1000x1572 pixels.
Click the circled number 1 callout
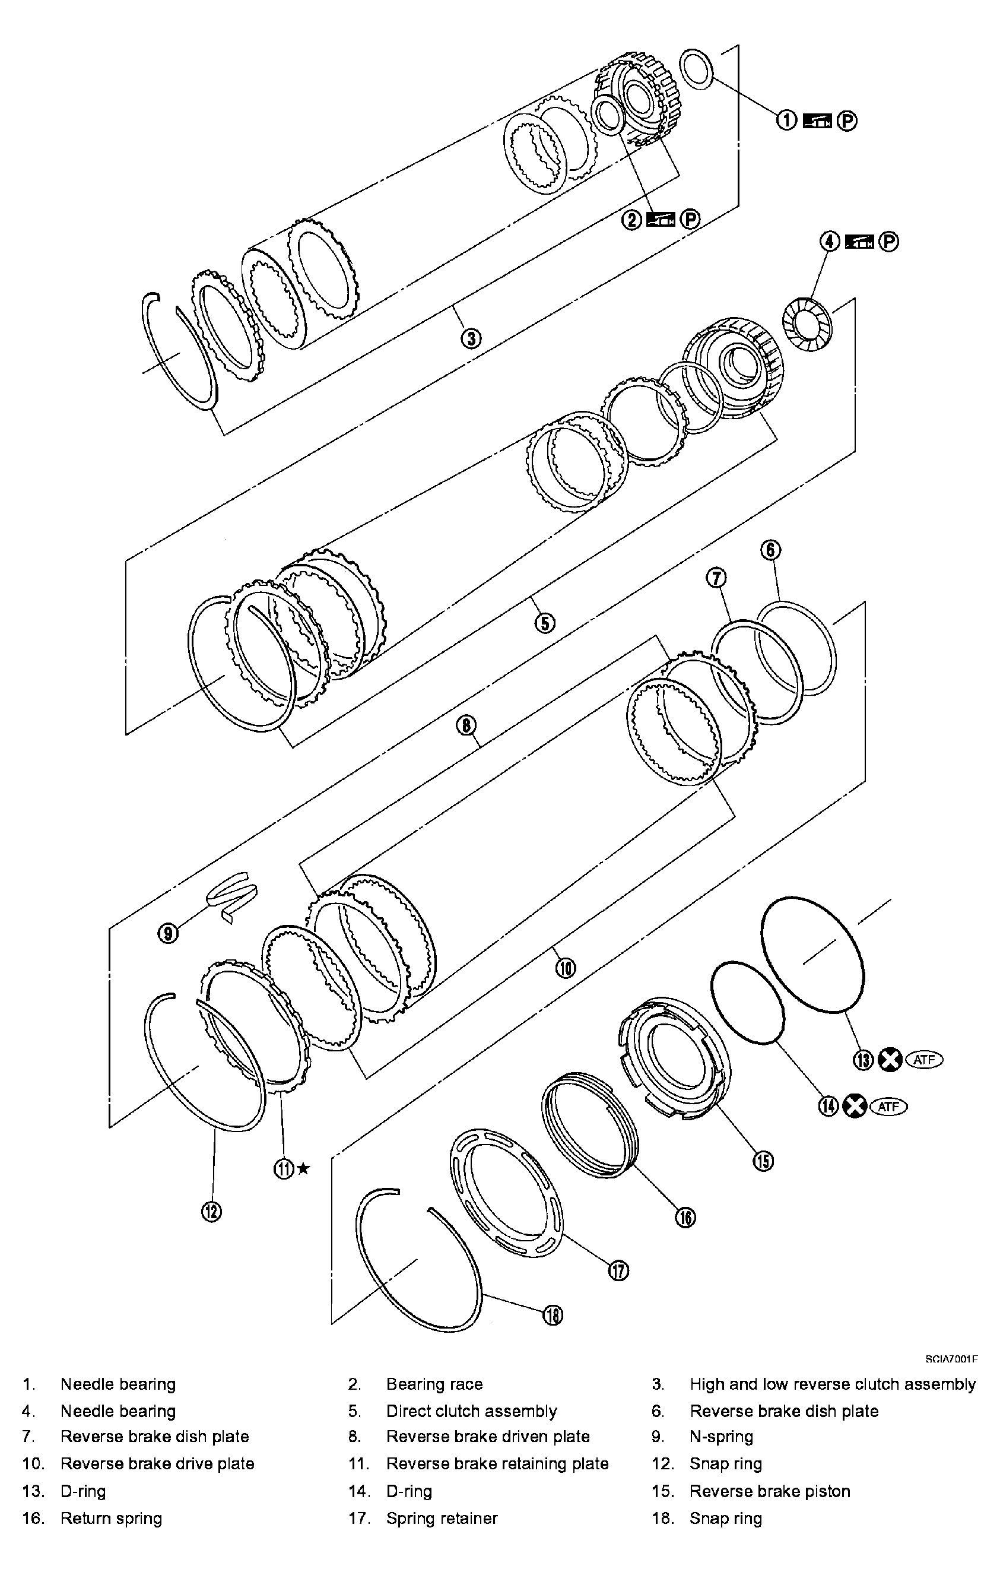(786, 120)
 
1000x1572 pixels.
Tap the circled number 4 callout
(829, 242)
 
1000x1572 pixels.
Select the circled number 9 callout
(168, 934)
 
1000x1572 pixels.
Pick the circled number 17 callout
(619, 1271)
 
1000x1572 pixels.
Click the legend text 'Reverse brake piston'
(770, 1491)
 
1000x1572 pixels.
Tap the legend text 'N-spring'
(720, 1436)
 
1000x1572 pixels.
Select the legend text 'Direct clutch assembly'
(471, 1411)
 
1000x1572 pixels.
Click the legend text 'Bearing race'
(434, 1384)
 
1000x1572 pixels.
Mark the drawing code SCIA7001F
(951, 1358)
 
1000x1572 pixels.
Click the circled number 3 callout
(471, 338)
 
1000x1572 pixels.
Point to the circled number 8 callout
(466, 725)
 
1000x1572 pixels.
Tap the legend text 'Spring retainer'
(442, 1518)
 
